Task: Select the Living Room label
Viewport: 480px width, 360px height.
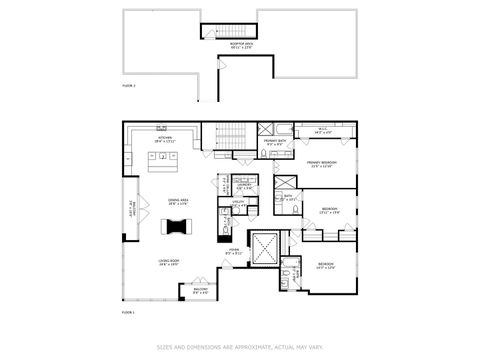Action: click(x=167, y=263)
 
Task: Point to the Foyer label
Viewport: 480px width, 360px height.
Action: click(x=232, y=253)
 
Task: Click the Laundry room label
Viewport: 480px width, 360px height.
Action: click(x=243, y=185)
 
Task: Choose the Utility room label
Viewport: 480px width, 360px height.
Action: click(x=238, y=204)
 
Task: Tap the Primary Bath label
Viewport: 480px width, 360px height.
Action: click(x=275, y=143)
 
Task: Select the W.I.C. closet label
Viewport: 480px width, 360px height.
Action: click(x=323, y=129)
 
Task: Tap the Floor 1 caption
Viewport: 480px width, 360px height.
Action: click(x=128, y=313)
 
